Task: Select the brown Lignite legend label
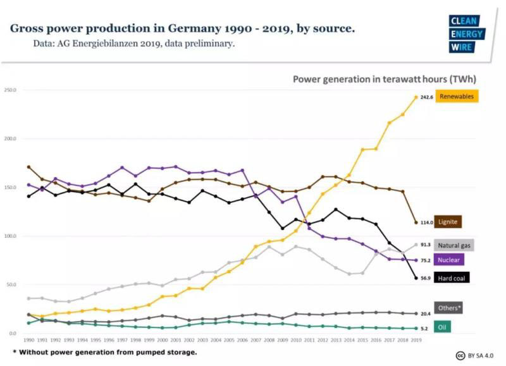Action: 448,222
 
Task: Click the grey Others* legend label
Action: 449,307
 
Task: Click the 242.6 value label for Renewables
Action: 426,97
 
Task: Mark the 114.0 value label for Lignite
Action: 426,223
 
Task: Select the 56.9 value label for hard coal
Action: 426,278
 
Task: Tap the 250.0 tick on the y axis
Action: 10,90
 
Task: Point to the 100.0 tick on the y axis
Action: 10,236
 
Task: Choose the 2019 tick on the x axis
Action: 416,339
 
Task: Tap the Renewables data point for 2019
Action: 416,97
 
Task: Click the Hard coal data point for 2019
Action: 416,278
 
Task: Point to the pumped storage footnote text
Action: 104,351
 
